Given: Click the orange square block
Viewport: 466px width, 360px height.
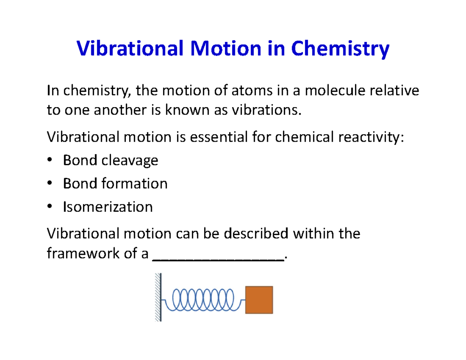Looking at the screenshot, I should tap(259, 300).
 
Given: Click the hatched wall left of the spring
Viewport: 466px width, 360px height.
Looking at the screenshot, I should tap(158, 297).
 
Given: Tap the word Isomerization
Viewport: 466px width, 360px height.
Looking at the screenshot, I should tap(108, 207).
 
